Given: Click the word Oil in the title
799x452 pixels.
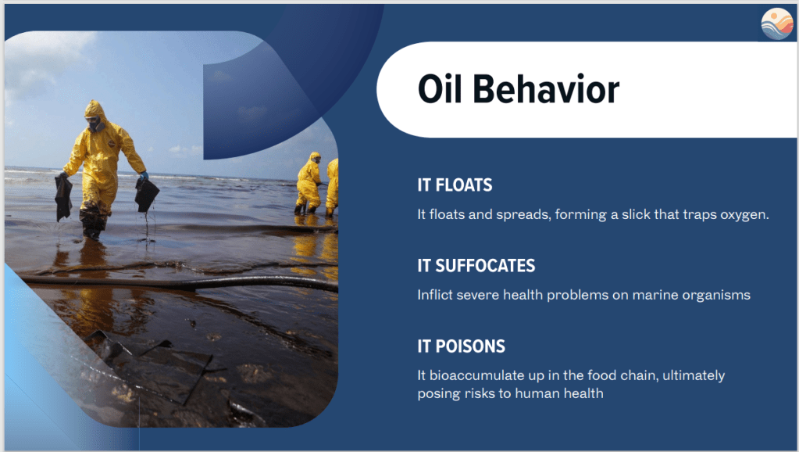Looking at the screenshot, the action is pyautogui.click(x=440, y=89).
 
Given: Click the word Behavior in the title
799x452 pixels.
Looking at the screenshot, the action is pyautogui.click(x=546, y=89).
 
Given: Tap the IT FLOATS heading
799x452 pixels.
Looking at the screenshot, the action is pyautogui.click(x=455, y=185).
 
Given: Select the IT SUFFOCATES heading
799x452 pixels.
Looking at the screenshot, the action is pyautogui.click(x=476, y=265).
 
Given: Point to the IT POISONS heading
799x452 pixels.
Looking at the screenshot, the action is pyautogui.click(x=461, y=346).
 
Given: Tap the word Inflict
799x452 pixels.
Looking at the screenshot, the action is pyautogui.click(x=435, y=295).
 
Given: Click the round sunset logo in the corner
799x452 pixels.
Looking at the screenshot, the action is pyautogui.click(x=777, y=24).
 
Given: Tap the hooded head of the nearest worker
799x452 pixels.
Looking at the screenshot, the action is pyautogui.click(x=95, y=117).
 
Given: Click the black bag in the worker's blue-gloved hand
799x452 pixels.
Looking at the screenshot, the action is pyautogui.click(x=147, y=195).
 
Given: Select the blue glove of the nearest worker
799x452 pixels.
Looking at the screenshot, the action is pyautogui.click(x=144, y=175).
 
